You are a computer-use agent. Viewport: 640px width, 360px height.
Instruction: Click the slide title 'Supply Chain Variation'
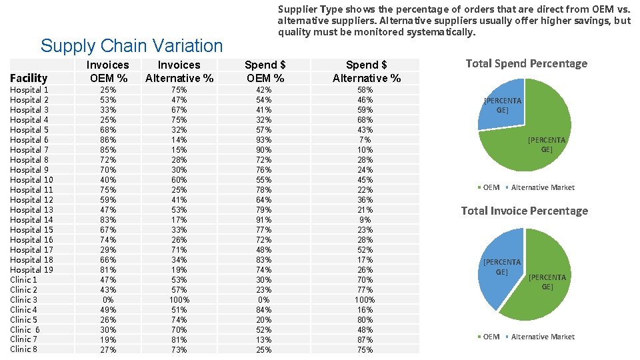(131, 46)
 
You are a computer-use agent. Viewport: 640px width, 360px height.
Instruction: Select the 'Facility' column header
(29, 78)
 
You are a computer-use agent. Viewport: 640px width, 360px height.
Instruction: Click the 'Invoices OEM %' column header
(107, 71)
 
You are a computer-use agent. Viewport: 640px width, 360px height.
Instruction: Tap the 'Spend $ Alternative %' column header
(366, 71)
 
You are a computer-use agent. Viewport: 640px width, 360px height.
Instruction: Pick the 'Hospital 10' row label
(31, 180)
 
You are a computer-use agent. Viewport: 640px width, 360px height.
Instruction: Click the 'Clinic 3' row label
(23, 299)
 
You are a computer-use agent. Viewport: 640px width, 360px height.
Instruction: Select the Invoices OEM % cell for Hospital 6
(107, 140)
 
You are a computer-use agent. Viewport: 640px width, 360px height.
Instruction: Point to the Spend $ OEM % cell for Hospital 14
(264, 219)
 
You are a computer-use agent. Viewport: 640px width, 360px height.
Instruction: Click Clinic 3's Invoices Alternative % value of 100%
(179, 299)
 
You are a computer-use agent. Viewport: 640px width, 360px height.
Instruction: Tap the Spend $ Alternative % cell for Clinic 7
(365, 339)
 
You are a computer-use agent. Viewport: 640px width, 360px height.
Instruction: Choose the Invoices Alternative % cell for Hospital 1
(179, 90)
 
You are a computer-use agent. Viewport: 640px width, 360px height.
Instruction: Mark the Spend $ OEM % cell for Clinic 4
(264, 309)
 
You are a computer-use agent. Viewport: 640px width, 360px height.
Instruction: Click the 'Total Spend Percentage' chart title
(526, 63)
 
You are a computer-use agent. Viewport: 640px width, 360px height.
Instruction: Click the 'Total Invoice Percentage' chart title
(524, 211)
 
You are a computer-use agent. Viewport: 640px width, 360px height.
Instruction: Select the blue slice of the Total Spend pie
(500, 103)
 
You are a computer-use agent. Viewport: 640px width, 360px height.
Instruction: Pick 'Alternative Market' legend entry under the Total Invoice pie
(541, 337)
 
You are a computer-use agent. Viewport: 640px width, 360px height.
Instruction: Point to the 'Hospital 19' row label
(31, 269)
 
